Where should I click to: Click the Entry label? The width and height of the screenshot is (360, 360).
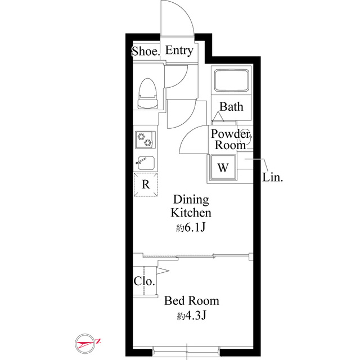coord(179,50)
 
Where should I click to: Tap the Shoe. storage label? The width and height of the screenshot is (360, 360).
coord(146,51)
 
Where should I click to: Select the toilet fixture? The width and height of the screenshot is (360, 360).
coord(147,93)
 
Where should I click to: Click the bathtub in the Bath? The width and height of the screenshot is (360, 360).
coord(231,80)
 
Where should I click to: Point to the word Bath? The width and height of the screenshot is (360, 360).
coord(231,107)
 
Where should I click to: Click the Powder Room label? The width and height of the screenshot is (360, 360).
coord(230,139)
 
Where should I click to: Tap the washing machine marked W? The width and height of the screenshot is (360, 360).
coord(223,168)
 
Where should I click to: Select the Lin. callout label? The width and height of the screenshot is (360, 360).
coord(272,178)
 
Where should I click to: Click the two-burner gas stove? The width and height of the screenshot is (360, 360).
coord(145,140)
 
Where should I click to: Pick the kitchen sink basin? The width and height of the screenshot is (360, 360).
coord(145,163)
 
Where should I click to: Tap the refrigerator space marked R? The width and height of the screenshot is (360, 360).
coord(146,184)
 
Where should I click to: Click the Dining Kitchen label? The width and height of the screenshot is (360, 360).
coord(191,206)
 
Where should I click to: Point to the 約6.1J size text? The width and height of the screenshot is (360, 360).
coord(190,227)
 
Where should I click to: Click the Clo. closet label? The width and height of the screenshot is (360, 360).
coord(144,281)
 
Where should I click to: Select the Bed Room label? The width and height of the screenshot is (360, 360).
coord(192,301)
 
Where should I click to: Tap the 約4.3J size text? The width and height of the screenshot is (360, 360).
coord(191,316)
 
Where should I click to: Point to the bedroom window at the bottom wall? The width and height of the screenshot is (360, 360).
coord(186,351)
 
